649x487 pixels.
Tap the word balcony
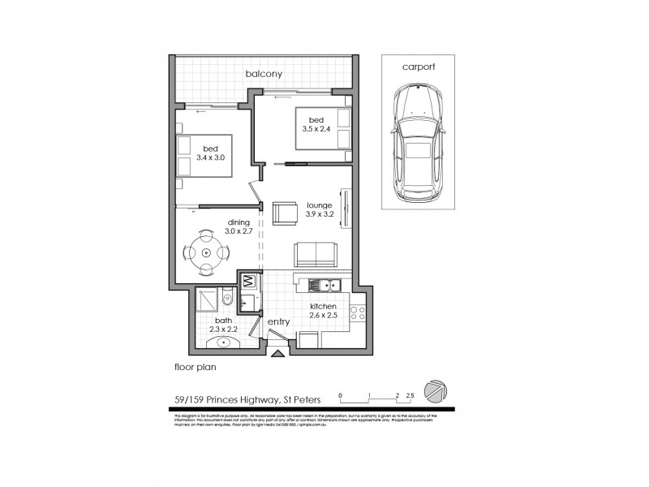[x=264, y=75]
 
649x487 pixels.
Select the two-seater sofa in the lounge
[x=316, y=254]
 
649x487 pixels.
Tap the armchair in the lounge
[x=285, y=213]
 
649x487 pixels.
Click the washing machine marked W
[x=249, y=282]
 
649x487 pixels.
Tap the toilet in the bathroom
[x=226, y=300]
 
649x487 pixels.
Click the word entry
[x=278, y=322]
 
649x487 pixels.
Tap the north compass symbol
[x=436, y=390]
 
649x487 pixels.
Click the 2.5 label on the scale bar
[x=410, y=395]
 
